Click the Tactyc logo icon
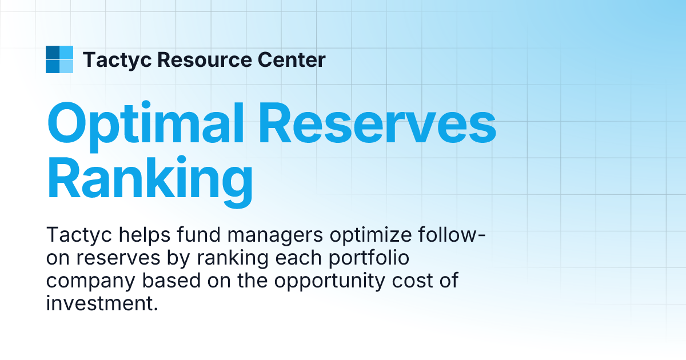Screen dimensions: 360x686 [x=59, y=59]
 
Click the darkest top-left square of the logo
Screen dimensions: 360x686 [x=53, y=53]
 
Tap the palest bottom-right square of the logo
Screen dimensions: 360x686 [x=66, y=66]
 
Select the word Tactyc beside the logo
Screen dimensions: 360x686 [x=116, y=59]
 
